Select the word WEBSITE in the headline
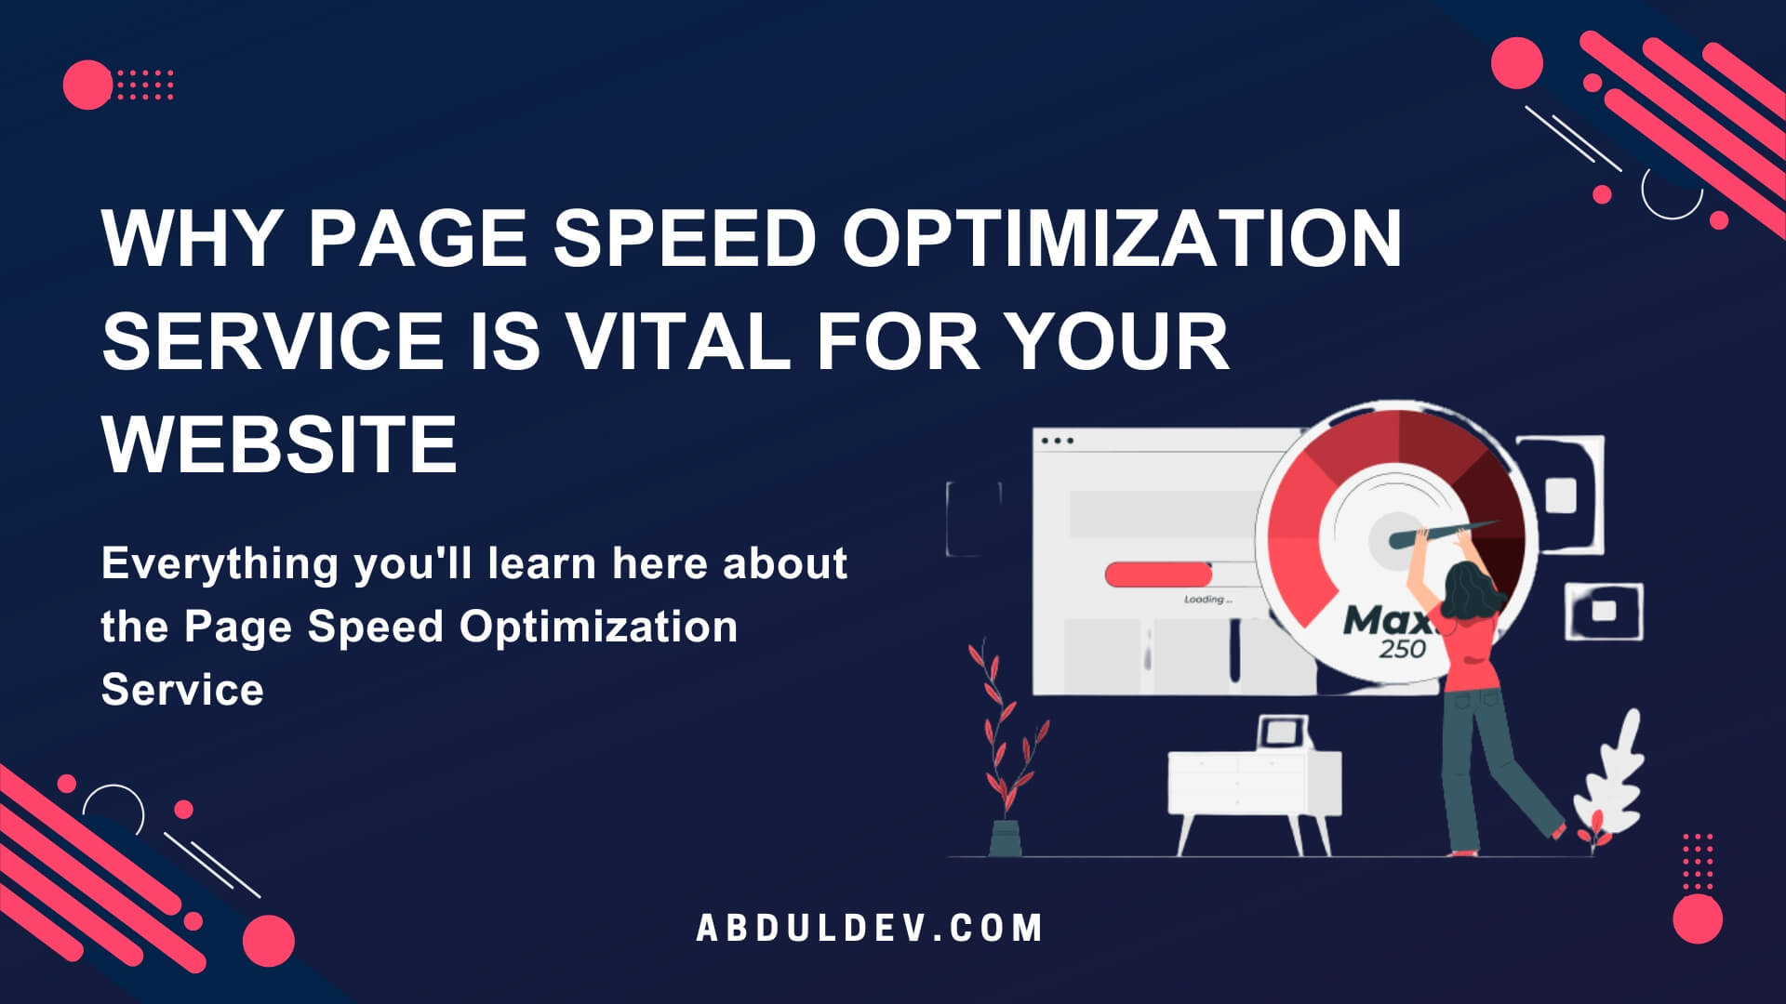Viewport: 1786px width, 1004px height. [279, 443]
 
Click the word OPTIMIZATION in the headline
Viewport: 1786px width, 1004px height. [1121, 238]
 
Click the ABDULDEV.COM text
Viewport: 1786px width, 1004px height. [870, 928]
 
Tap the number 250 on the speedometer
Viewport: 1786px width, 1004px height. [1402, 648]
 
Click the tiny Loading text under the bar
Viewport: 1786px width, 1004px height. [1207, 600]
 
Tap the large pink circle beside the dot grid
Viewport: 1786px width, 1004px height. [87, 85]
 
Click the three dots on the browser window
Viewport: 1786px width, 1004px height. [1058, 441]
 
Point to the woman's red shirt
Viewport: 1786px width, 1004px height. [1465, 651]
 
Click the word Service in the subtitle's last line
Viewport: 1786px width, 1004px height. [182, 691]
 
